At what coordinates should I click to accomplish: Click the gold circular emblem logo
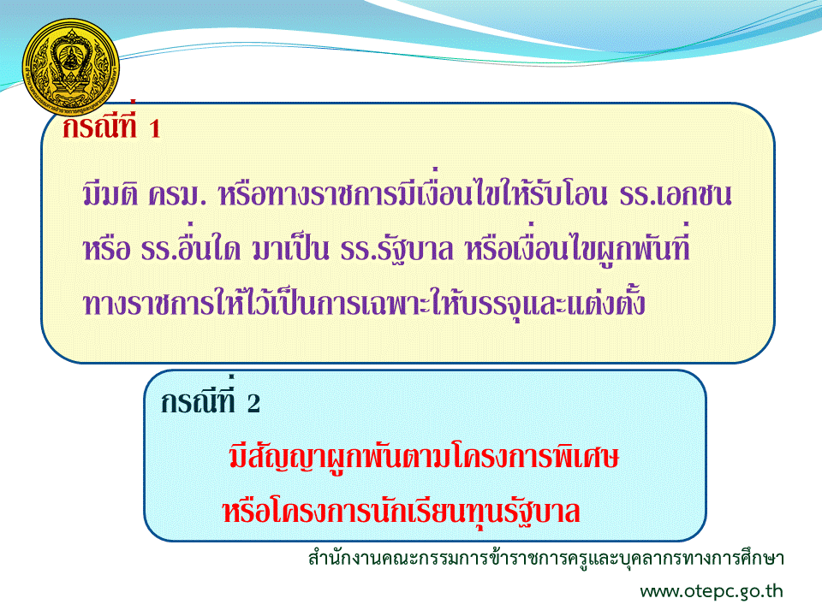[71, 67]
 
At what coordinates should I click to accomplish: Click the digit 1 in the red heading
[154, 129]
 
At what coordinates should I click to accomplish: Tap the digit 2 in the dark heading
[253, 403]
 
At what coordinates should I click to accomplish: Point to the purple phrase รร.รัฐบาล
[396, 249]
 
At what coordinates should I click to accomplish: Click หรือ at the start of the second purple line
[106, 247]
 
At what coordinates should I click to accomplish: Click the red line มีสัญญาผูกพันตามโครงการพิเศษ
[424, 456]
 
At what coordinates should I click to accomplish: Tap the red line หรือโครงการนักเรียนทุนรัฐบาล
[401, 512]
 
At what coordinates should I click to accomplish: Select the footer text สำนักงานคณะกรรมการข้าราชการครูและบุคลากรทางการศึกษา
[545, 558]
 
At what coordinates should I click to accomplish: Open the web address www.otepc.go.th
[712, 591]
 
